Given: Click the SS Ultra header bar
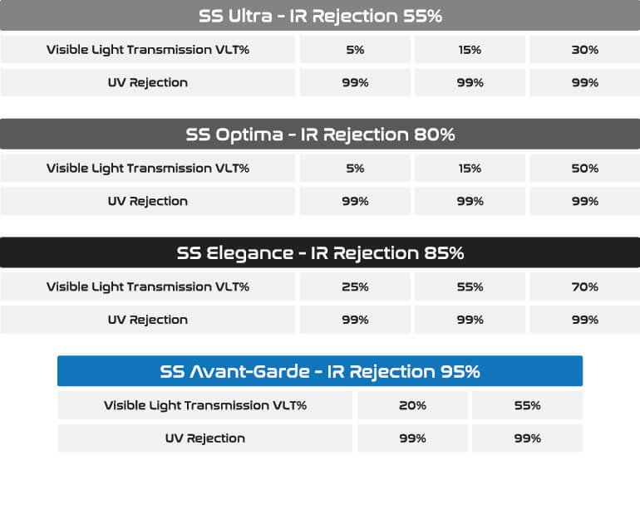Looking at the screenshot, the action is click(x=320, y=16).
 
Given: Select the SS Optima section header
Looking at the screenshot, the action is click(x=320, y=135).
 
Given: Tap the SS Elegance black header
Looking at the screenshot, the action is click(x=320, y=252).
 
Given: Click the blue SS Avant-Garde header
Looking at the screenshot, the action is click(x=320, y=371).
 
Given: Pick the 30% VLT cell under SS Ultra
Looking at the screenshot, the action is click(x=585, y=50).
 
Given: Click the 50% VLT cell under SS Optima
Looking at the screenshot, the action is click(x=585, y=168).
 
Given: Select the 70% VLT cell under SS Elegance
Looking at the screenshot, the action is click(x=585, y=286).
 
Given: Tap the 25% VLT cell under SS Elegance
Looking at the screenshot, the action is click(x=355, y=286).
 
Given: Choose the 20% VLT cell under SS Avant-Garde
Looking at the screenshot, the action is click(x=412, y=405).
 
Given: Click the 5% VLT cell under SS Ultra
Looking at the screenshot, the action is click(x=355, y=50).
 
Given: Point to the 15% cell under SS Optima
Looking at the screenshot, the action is click(x=470, y=168).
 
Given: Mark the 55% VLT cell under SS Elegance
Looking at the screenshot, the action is click(x=470, y=286).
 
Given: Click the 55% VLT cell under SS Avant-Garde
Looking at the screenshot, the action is click(x=527, y=405).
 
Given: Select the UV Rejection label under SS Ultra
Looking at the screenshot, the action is click(x=148, y=83).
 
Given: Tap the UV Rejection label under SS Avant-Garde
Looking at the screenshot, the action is click(x=205, y=438).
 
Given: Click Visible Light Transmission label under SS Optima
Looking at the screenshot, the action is click(x=148, y=169).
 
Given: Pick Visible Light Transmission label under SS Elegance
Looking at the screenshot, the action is click(x=148, y=287).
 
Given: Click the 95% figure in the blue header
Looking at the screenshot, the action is click(x=460, y=371).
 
